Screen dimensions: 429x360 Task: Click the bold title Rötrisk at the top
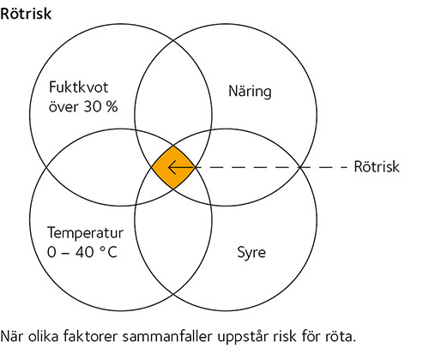(x=26, y=14)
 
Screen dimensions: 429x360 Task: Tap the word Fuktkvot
(x=79, y=87)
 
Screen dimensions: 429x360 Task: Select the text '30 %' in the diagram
(x=100, y=106)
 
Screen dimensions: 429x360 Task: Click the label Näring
(x=250, y=92)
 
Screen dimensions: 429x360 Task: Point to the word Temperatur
(x=85, y=232)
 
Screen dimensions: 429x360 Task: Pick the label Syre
(x=251, y=253)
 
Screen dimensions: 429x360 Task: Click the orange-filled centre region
(x=173, y=167)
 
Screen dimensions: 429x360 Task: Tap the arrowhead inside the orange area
(x=172, y=167)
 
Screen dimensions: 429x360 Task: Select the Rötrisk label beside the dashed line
(x=377, y=166)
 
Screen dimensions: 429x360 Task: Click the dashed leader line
(x=271, y=167)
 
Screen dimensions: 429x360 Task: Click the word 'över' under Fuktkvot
(x=63, y=107)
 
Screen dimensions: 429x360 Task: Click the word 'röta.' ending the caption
(x=341, y=336)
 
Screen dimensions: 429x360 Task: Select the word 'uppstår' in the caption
(x=242, y=337)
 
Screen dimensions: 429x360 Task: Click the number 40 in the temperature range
(x=85, y=252)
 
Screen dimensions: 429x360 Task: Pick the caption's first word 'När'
(x=12, y=336)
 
